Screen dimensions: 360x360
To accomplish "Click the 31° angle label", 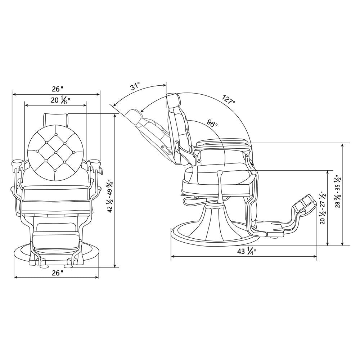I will click(x=135, y=87).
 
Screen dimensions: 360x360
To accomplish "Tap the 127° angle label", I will click(x=228, y=99).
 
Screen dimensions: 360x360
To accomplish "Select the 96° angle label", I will click(x=212, y=123).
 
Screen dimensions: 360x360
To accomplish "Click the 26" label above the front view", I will click(x=57, y=88).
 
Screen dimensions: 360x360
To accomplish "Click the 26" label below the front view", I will click(x=57, y=273).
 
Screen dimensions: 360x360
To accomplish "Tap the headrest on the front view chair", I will click(x=56, y=118).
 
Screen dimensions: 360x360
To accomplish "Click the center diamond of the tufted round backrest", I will click(x=56, y=152).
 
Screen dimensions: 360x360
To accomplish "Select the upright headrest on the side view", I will click(x=173, y=100).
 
